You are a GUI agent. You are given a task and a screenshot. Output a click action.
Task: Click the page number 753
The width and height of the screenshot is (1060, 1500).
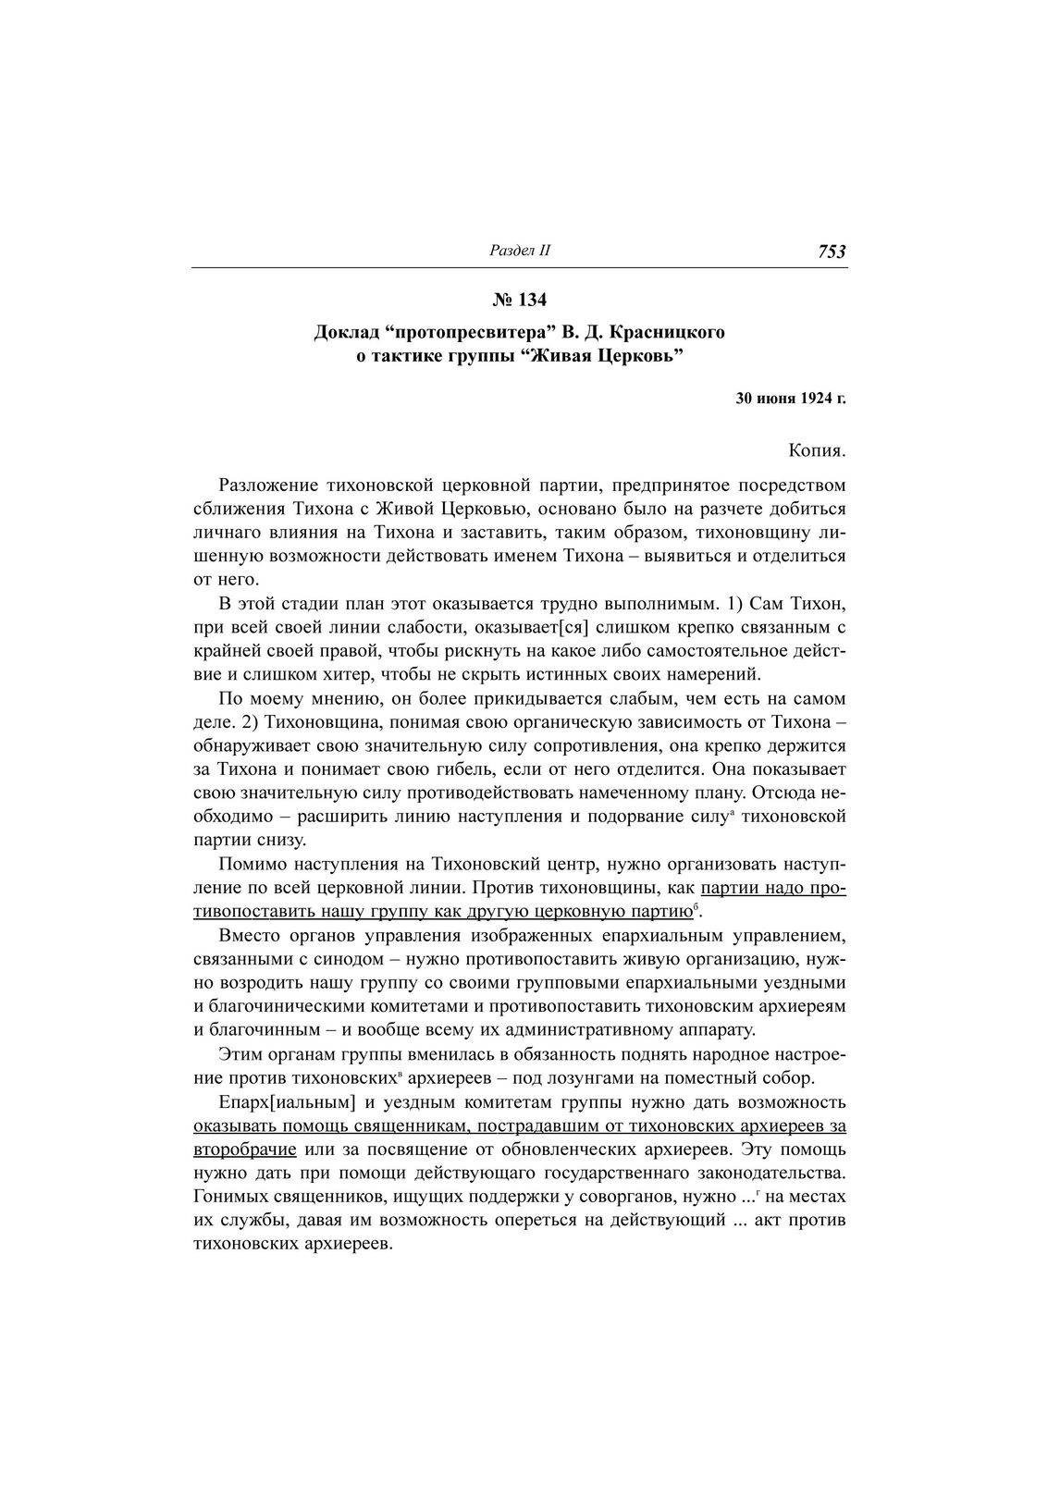[832, 252]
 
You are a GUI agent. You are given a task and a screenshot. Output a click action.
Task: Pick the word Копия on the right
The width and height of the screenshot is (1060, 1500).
[818, 451]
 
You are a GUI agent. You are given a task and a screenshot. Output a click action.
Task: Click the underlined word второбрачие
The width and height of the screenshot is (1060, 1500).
[245, 1150]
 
